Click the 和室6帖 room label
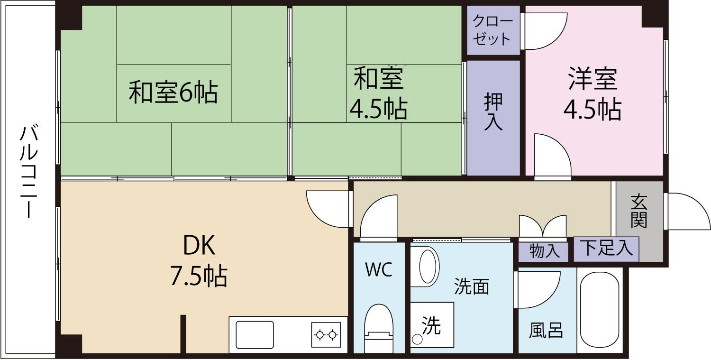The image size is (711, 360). pyautogui.click(x=173, y=93)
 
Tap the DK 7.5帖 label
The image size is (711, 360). pyautogui.click(x=199, y=261)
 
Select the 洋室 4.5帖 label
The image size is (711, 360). pyautogui.click(x=592, y=94)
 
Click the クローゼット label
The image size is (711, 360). pyautogui.click(x=492, y=30)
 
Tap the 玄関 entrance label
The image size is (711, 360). pyautogui.click(x=639, y=211)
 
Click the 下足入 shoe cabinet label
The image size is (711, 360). pyautogui.click(x=606, y=248)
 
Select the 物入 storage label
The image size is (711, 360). pyautogui.click(x=542, y=251)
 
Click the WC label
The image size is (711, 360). pyautogui.click(x=378, y=270)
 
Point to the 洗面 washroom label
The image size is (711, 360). pyautogui.click(x=471, y=286)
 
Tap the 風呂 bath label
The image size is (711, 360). pyautogui.click(x=546, y=330)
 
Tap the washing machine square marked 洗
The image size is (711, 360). pyautogui.click(x=431, y=325)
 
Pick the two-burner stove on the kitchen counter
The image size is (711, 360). pyautogui.click(x=326, y=334)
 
